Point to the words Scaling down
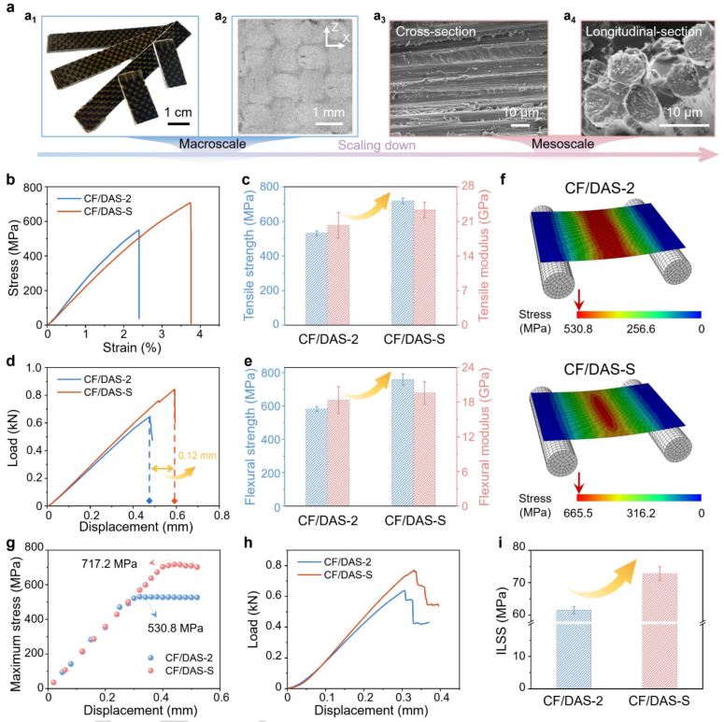point(376,145)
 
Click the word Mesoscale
point(562,145)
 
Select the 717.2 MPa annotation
point(109,564)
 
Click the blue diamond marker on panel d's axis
point(149,502)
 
